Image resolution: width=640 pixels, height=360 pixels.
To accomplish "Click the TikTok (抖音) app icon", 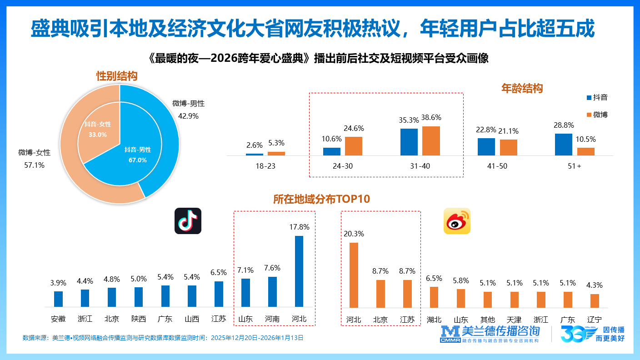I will (x=188, y=221).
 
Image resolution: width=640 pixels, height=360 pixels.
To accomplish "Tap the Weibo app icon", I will (x=457, y=221).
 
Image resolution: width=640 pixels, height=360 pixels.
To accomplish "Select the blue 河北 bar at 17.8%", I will (x=299, y=271).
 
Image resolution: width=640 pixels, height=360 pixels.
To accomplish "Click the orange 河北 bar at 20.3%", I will (x=353, y=275).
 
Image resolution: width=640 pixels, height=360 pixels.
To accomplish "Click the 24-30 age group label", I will (x=342, y=166).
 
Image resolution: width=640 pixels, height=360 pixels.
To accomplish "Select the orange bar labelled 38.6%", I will (x=431, y=141).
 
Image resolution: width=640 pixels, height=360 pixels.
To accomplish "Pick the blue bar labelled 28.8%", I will (x=564, y=145).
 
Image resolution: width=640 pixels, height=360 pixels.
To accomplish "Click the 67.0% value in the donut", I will (x=138, y=160).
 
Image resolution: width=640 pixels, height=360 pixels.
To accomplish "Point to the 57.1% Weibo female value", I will (x=34, y=165).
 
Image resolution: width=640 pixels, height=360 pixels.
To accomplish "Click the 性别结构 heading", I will (x=117, y=76).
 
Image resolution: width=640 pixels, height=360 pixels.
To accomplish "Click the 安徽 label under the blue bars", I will (x=58, y=319).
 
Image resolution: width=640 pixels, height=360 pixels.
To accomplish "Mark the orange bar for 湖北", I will (x=434, y=297).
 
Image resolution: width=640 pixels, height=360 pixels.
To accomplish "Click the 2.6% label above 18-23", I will (x=254, y=145).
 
